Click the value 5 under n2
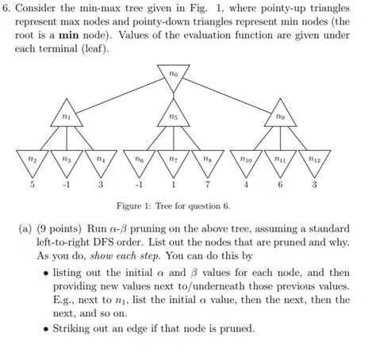click(33, 186)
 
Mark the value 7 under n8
click(207, 186)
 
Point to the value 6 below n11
click(281, 186)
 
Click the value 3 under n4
click(100, 186)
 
